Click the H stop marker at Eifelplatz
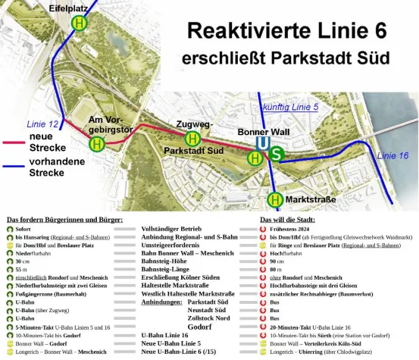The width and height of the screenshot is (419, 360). [79, 23]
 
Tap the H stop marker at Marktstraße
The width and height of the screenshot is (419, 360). [275, 199]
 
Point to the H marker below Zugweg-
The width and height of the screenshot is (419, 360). [192, 138]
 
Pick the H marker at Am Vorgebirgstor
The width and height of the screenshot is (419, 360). [97, 143]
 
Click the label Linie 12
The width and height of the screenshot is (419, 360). [42, 124]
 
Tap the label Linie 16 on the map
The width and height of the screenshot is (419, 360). [392, 155]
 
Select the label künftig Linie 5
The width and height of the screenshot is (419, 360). [289, 108]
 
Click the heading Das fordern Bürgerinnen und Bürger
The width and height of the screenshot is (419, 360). [64, 219]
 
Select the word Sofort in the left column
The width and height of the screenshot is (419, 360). [23, 228]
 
